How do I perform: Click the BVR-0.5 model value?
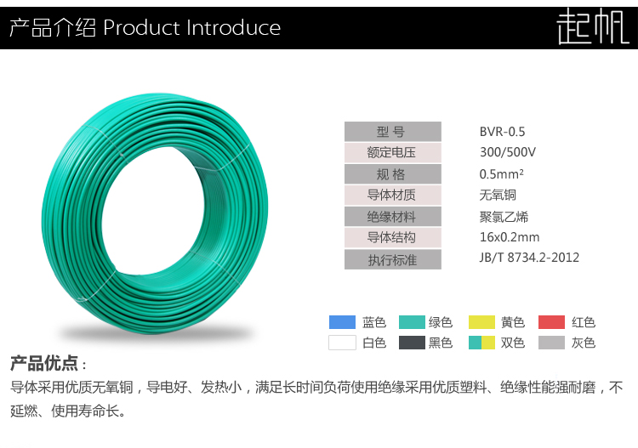click(503, 132)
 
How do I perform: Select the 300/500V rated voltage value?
click(508, 153)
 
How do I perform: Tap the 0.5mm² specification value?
click(502, 174)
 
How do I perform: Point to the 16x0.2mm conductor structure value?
click(510, 237)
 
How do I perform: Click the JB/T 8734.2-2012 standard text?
click(529, 258)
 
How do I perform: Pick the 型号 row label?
click(392, 132)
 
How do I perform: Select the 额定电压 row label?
click(392, 153)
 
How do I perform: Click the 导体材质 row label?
click(392, 196)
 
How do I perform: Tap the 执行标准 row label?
click(392, 259)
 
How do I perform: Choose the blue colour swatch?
click(341, 322)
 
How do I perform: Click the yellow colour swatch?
click(481, 322)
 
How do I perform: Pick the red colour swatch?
click(552, 322)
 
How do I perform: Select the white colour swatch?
click(341, 343)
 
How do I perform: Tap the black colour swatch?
click(412, 343)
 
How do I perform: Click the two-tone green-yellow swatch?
click(481, 343)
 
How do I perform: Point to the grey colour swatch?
click(552, 343)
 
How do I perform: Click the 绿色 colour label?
click(441, 322)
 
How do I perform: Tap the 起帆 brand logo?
click(592, 28)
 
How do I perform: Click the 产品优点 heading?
click(43, 364)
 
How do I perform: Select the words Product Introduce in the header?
click(191, 28)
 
